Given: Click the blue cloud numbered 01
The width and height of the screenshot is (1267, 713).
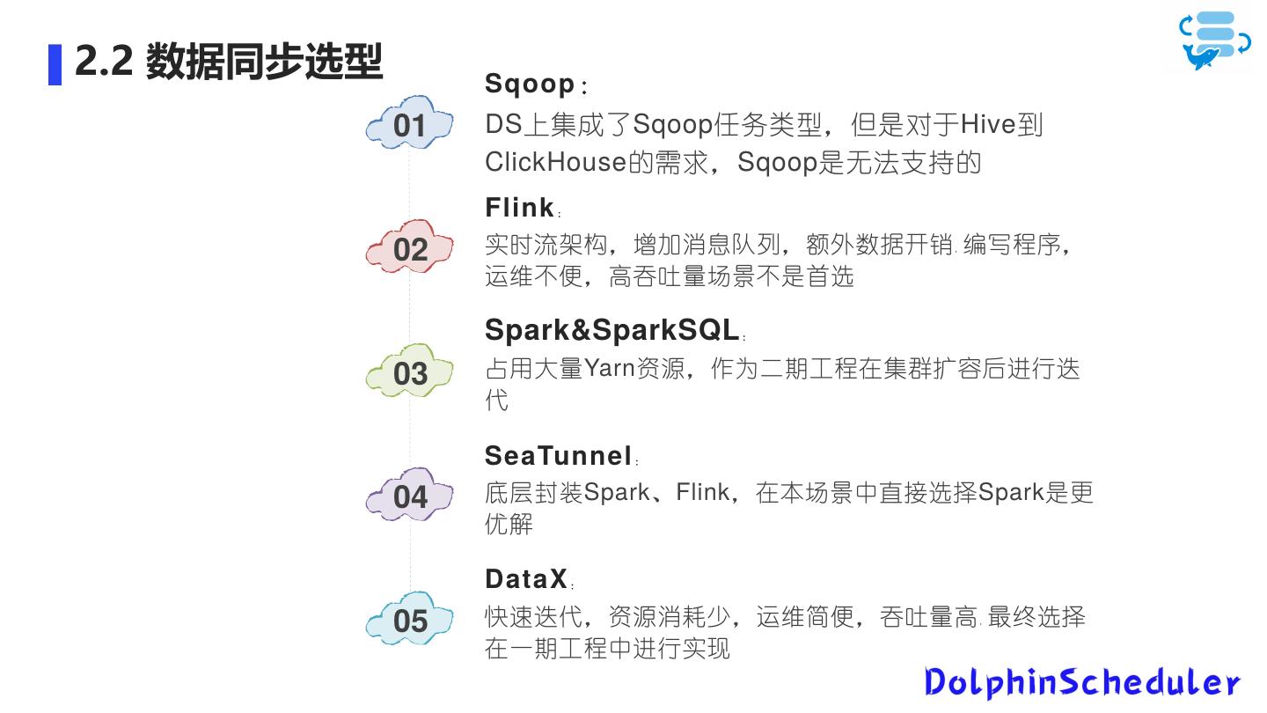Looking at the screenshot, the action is (409, 125).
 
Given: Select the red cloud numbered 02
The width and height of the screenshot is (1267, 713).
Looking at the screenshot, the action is (409, 249).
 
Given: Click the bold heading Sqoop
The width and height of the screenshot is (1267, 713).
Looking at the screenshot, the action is (530, 85).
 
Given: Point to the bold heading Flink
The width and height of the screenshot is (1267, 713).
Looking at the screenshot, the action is (520, 208).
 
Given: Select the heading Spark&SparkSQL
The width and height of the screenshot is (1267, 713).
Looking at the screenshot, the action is (612, 330).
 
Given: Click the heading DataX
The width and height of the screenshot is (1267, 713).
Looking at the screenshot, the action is (526, 579).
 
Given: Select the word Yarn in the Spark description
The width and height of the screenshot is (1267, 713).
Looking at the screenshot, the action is (610, 367).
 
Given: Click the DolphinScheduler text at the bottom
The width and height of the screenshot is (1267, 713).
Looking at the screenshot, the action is (1082, 682).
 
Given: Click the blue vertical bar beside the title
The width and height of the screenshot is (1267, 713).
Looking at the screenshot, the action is (55, 64).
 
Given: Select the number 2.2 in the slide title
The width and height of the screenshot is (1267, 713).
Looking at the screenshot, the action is (103, 62).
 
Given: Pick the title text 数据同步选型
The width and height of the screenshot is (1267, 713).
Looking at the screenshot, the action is (264, 62).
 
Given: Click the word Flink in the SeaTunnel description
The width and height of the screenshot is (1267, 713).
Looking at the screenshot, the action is (702, 492).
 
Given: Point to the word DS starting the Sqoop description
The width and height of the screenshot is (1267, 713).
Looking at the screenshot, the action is (503, 125).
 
